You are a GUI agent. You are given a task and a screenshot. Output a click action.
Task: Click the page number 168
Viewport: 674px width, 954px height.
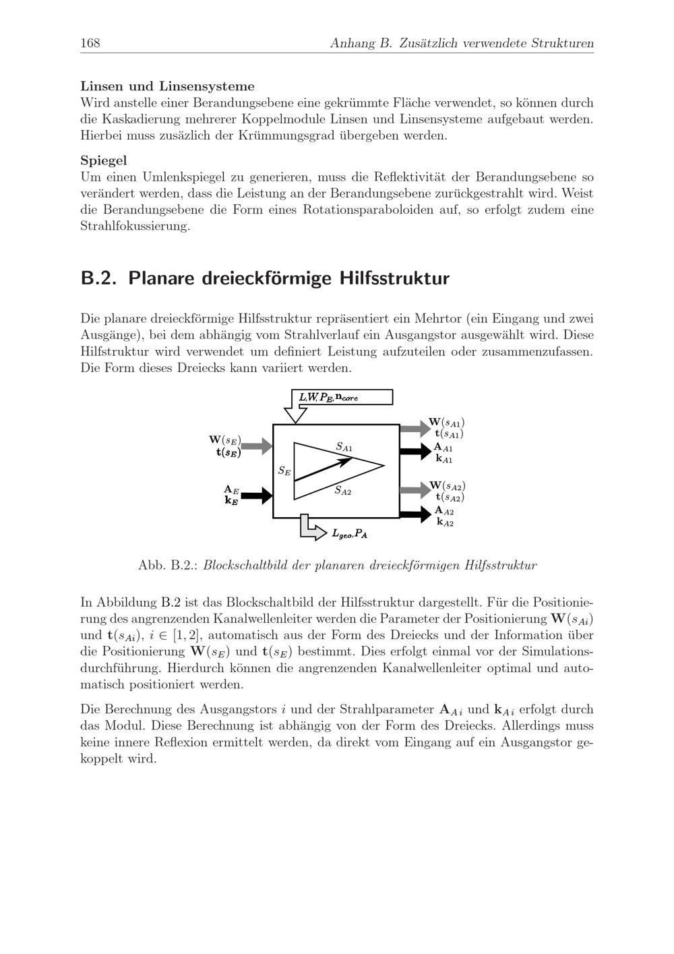point(90,44)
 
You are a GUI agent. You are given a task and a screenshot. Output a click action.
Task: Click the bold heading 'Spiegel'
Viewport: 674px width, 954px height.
point(104,160)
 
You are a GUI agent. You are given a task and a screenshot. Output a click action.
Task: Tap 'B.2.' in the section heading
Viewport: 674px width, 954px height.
point(99,278)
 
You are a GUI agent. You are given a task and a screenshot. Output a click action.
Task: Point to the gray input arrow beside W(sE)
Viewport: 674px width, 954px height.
point(257,446)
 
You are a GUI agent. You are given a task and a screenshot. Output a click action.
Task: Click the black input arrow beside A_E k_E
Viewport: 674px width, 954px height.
point(257,496)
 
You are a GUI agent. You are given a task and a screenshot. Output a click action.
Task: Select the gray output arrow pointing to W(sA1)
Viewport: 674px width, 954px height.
point(414,427)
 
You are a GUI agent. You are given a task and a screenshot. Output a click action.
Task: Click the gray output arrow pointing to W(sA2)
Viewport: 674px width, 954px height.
point(414,490)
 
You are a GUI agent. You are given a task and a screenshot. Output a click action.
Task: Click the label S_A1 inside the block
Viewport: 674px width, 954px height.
point(344,447)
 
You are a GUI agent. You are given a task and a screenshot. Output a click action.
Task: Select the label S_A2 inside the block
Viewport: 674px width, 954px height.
point(343,491)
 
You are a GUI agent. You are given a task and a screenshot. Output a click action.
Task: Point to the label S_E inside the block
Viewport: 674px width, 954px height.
point(284,471)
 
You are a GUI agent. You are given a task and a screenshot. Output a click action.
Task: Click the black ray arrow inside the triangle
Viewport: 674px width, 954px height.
point(324,469)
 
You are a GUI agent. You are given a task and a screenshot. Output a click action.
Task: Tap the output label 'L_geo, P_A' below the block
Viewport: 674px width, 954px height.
point(350,534)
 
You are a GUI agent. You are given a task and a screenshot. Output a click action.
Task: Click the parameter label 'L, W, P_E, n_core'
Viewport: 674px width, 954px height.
point(329,397)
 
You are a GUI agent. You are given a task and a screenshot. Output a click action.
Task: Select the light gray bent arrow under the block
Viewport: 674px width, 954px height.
point(309,527)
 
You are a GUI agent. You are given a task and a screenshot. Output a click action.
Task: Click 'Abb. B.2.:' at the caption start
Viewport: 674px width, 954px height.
point(166,565)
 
